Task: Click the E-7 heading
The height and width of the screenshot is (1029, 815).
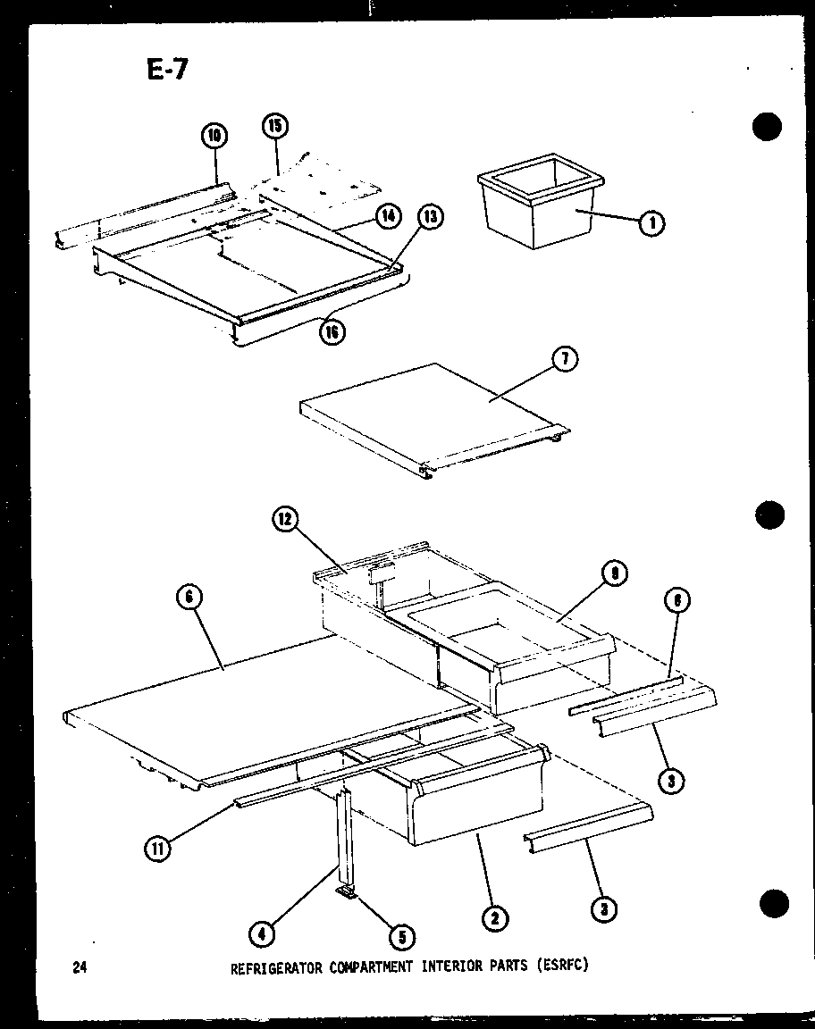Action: tap(167, 69)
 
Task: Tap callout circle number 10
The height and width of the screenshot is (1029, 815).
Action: tap(214, 136)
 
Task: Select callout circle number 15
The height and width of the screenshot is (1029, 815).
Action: tap(275, 126)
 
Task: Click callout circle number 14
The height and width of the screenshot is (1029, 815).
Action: tap(386, 214)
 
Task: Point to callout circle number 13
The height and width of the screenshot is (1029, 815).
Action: tap(431, 216)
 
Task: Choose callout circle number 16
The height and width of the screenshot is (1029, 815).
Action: tap(332, 332)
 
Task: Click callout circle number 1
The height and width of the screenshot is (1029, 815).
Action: tap(651, 223)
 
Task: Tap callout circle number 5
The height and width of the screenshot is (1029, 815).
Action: tap(401, 937)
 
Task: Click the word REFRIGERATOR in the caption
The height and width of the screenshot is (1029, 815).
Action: tap(274, 966)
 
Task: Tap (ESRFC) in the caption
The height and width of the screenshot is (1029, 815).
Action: tap(562, 966)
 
